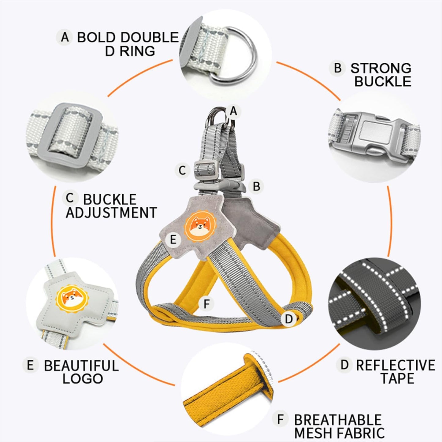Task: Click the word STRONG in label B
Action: [381, 68]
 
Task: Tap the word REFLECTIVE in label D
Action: [396, 365]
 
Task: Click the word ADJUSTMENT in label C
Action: [111, 212]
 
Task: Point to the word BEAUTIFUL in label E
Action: [81, 366]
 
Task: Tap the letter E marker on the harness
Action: [173, 240]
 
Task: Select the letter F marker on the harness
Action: [207, 304]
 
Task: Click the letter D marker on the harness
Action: [289, 319]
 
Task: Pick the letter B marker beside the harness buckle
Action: [256, 186]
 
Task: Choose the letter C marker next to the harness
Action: [182, 170]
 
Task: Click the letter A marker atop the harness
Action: [233, 111]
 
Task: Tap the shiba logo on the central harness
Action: [201, 226]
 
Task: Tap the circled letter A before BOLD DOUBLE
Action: [65, 37]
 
